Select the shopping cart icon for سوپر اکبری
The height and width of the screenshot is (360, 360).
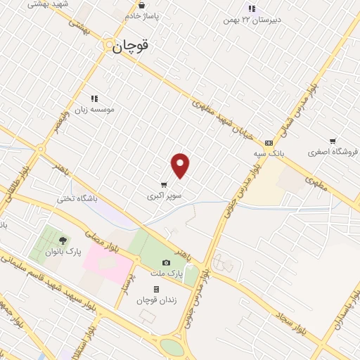coord(164,185)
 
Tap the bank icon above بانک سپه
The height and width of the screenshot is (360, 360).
coord(268,142)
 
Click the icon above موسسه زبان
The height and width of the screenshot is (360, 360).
coord(94,98)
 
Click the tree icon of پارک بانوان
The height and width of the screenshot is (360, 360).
coord(63,240)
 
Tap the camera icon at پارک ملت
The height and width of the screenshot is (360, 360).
coord(166,262)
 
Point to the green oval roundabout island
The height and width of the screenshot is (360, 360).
coord(172,347)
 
